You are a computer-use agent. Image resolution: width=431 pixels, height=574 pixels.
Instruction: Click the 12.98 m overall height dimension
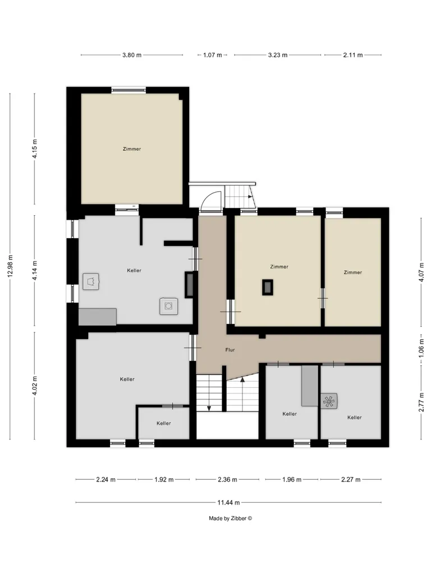(x=10, y=266)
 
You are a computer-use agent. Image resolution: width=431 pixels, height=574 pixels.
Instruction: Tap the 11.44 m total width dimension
(x=228, y=502)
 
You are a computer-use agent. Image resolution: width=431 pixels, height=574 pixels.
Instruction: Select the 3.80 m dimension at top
(x=132, y=55)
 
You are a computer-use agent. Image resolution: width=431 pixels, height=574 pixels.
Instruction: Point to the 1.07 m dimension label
(x=213, y=55)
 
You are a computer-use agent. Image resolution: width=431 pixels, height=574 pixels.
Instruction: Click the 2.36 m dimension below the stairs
(x=227, y=480)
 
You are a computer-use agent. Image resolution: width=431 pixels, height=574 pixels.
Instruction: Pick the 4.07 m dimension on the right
(x=421, y=272)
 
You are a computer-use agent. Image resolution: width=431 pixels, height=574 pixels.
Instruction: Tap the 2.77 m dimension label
(x=421, y=401)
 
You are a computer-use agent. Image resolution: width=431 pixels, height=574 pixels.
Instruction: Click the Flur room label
(x=230, y=350)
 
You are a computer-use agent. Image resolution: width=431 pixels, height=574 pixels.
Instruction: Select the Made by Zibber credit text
(x=231, y=519)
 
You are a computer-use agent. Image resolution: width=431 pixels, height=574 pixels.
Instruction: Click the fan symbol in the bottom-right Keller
(x=329, y=401)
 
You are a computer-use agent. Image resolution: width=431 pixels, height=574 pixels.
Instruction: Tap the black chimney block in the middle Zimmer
(x=268, y=287)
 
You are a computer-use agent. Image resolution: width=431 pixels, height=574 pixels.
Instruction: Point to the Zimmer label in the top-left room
(x=132, y=149)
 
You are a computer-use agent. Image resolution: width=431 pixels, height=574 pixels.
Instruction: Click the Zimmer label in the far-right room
(x=352, y=272)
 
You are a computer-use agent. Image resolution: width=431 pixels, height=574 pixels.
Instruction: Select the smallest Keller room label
(x=163, y=423)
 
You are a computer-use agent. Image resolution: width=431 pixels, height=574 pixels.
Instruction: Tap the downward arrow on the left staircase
(x=209, y=392)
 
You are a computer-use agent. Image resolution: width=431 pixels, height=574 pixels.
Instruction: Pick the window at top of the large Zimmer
(x=129, y=90)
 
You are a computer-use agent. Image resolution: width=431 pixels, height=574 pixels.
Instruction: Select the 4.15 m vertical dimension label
(x=35, y=149)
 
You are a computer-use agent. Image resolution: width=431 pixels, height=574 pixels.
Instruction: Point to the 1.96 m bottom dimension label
(x=292, y=480)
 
